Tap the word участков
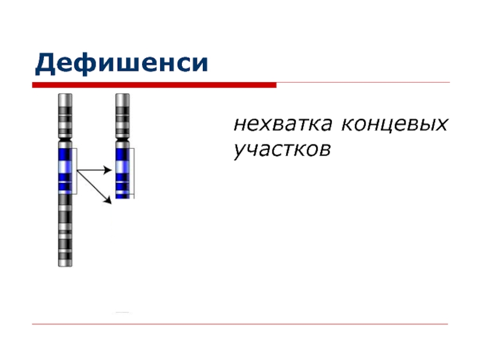coord(282,149)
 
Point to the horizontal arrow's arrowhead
coord(109,170)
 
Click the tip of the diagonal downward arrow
coord(110,202)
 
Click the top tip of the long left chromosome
coord(65,95)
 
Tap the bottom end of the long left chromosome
coord(65,265)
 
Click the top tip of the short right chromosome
coord(122,95)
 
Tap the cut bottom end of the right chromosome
coord(122,198)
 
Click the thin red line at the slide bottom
coord(240,325)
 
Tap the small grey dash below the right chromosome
coord(122,313)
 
